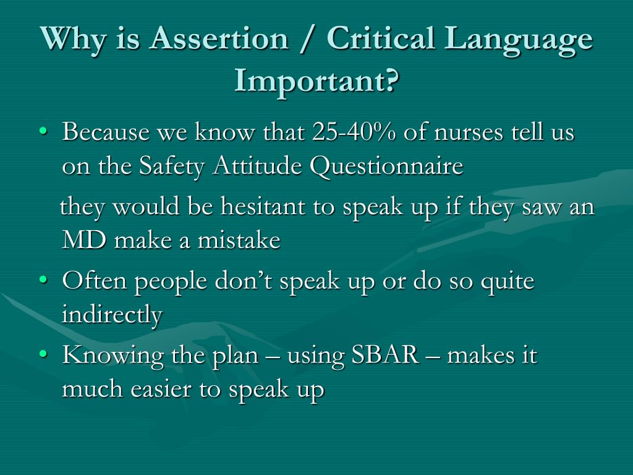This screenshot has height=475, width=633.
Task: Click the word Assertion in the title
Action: point(219,40)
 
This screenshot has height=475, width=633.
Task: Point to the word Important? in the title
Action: point(316,80)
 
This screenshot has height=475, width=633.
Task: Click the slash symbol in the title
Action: point(307,40)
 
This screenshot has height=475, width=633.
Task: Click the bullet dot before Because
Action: point(43,132)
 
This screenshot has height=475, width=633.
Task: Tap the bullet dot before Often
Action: point(43,281)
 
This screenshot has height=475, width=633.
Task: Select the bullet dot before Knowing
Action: point(43,356)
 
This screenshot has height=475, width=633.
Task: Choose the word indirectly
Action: point(112,315)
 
